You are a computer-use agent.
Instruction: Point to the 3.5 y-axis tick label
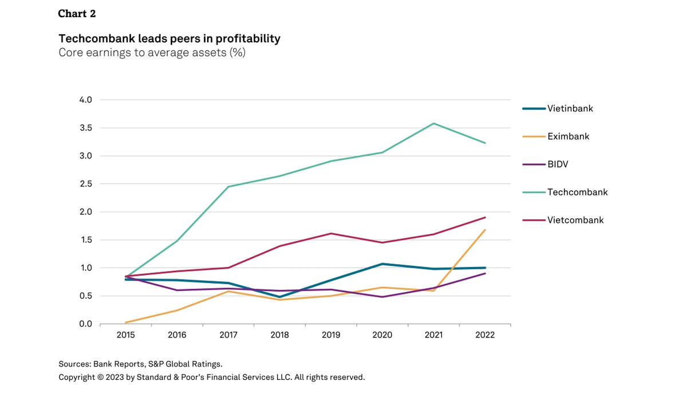pyautogui.click(x=86, y=128)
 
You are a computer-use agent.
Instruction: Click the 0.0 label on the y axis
pyautogui.click(x=85, y=324)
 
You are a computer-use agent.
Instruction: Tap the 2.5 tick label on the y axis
pyautogui.click(x=86, y=183)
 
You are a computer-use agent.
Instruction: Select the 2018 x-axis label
pyautogui.click(x=280, y=335)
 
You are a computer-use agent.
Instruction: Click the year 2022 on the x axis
pyautogui.click(x=485, y=335)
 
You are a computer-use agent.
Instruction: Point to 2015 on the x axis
pyautogui.click(x=125, y=335)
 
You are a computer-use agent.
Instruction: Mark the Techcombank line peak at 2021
pyautogui.click(x=434, y=123)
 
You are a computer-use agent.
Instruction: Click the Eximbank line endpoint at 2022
pyautogui.click(x=485, y=230)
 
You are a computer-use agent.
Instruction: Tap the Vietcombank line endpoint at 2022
pyautogui.click(x=485, y=218)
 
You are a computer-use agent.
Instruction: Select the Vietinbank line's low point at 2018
pyautogui.click(x=280, y=297)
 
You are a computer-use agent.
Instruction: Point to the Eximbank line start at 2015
pyautogui.click(x=126, y=323)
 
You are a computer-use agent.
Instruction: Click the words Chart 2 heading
pyautogui.click(x=77, y=14)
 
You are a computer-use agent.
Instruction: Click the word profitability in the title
pyautogui.click(x=248, y=38)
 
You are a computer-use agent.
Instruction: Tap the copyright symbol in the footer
pyautogui.click(x=100, y=377)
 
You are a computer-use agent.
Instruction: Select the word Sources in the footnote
pyautogui.click(x=75, y=364)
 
